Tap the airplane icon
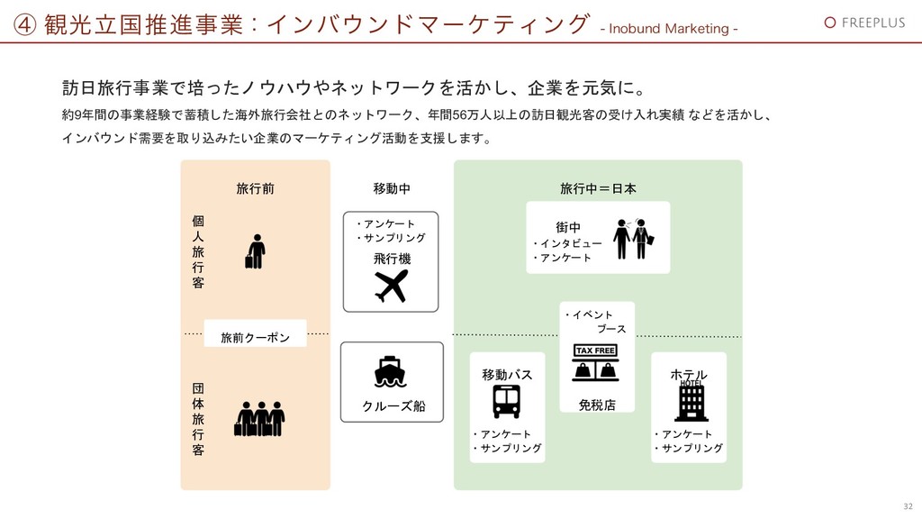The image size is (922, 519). point(391,286)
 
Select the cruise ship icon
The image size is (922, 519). point(389,371)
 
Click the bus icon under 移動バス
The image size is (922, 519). point(506,401)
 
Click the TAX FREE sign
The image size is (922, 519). point(596,351)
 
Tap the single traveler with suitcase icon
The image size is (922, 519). point(256,251)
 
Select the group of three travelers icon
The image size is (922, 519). point(260,418)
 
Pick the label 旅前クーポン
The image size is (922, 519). point(256,338)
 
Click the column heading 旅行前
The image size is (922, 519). point(255,189)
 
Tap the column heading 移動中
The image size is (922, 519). point(391,189)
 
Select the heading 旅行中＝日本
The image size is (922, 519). point(598,189)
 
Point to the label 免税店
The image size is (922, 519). point(597,405)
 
